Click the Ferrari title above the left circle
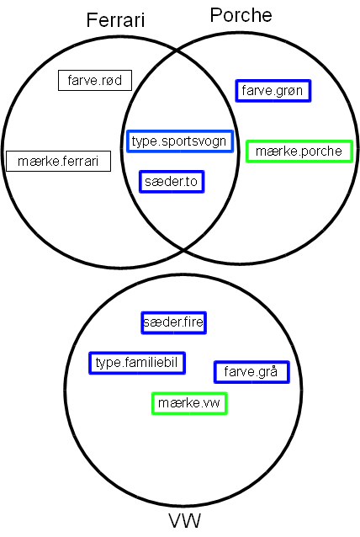[116, 20]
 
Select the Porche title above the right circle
[241, 15]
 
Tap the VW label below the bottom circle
[184, 521]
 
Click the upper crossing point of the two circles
[177, 51]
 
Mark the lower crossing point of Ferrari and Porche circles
[183, 250]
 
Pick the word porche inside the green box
[321, 152]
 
